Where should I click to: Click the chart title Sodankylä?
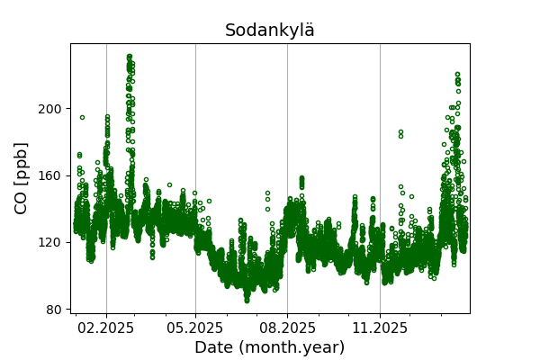[x=270, y=31]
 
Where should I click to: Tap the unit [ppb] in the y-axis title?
[x=22, y=162]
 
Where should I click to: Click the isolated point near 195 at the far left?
[x=82, y=117]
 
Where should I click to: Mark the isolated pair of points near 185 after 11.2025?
[x=400, y=134]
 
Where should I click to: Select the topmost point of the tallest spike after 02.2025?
[x=130, y=57]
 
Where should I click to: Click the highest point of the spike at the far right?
[x=457, y=75]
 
